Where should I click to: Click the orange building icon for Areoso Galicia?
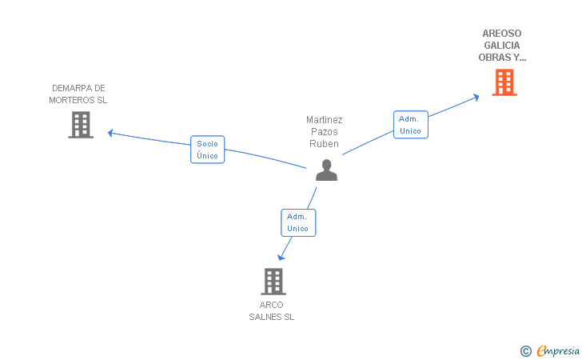[504, 82]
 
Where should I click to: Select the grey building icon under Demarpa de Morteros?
[80, 125]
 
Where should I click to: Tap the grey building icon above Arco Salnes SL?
[273, 282]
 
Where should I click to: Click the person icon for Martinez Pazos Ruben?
[326, 170]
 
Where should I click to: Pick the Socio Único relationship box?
[208, 150]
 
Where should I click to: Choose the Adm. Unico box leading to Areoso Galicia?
[411, 125]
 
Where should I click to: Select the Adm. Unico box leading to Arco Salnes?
[298, 222]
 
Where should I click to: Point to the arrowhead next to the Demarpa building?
[111, 132]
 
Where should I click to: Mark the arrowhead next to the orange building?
[476, 97]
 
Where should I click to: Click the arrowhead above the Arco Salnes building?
[281, 257]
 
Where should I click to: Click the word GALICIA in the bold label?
[502, 46]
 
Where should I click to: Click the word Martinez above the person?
[325, 120]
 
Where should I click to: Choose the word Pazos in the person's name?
[325, 132]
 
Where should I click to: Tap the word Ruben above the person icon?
[325, 144]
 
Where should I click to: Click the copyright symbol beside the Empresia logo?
[525, 350]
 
